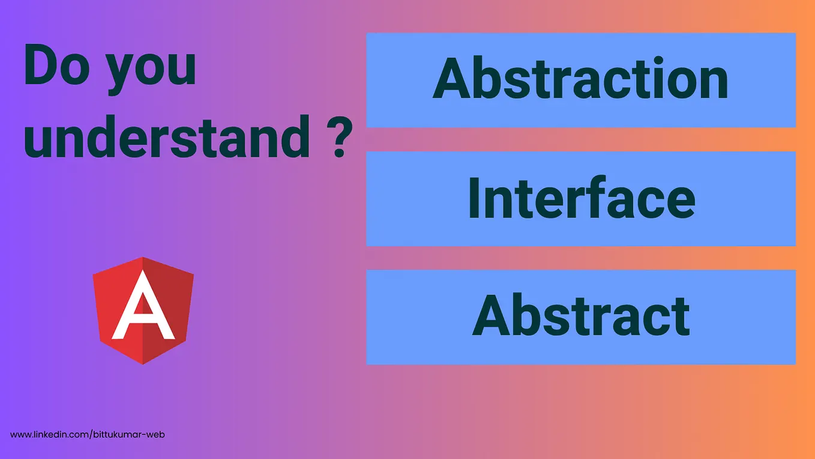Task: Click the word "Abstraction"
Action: tap(580, 79)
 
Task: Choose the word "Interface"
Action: tap(580, 198)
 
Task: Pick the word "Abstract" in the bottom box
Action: tap(580, 316)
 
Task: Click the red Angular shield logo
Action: tap(143, 310)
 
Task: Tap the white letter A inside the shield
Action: tap(143, 306)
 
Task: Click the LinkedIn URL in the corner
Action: tap(88, 434)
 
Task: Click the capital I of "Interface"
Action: tap(474, 198)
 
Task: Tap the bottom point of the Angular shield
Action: tap(143, 362)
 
